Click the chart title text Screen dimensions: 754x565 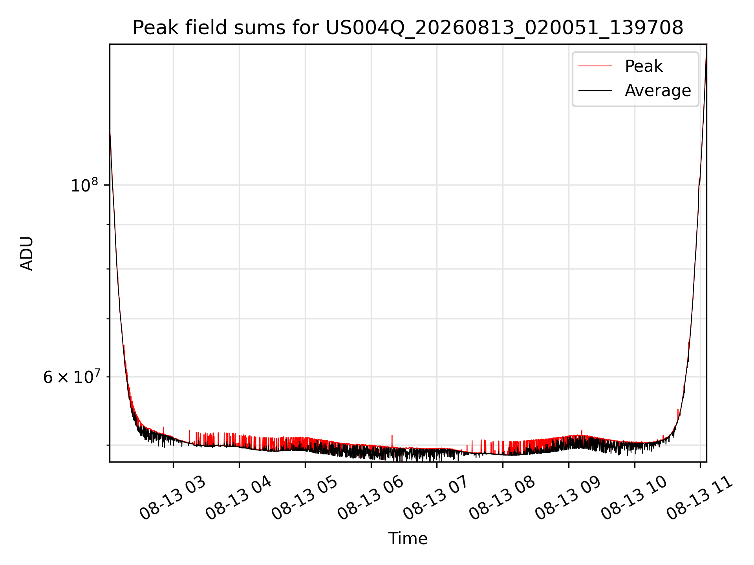[x=408, y=28]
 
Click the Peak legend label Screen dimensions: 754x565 [x=644, y=66]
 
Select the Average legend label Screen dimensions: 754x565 [x=658, y=91]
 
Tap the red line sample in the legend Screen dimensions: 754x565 [x=595, y=66]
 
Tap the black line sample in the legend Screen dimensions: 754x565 [x=595, y=91]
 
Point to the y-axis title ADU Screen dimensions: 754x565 [x=27, y=253]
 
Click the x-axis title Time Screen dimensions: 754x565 [x=408, y=539]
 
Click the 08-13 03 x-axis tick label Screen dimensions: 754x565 [x=173, y=498]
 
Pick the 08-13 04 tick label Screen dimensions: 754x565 [x=239, y=498]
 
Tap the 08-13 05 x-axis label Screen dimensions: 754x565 [x=305, y=498]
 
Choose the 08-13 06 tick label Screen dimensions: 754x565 [x=371, y=498]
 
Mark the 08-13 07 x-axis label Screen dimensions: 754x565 [x=436, y=498]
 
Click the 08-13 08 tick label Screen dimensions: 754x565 [x=502, y=498]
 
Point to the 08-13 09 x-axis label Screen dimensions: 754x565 [x=568, y=498]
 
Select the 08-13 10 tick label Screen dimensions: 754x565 [x=634, y=498]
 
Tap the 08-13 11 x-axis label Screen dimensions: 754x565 [x=700, y=498]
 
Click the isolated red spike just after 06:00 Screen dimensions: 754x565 [x=392, y=440]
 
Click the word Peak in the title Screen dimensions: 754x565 [x=150, y=28]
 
